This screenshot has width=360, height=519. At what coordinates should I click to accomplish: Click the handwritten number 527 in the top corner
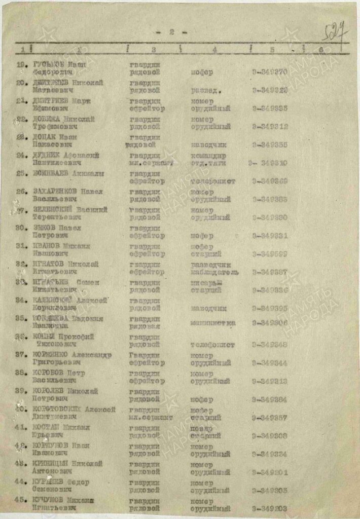click(x=336, y=33)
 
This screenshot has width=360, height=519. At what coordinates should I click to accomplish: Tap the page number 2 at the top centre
click(x=171, y=32)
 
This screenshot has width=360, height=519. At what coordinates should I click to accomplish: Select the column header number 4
click(x=214, y=50)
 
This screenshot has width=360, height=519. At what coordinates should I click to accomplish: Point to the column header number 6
click(x=320, y=50)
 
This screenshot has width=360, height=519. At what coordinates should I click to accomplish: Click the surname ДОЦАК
click(x=42, y=137)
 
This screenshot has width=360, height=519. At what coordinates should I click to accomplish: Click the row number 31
click(x=21, y=246)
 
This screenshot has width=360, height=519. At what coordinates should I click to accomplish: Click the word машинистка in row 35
click(x=213, y=322)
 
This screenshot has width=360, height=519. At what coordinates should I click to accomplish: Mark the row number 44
click(x=21, y=482)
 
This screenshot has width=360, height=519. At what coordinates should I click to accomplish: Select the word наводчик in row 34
click(x=209, y=308)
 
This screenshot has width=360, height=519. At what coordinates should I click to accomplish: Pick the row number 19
click(x=22, y=65)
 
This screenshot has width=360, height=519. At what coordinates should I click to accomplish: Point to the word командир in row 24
click(x=209, y=156)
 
